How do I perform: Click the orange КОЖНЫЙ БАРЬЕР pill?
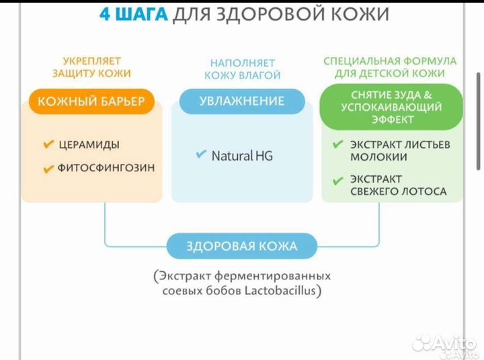(x=91, y=101)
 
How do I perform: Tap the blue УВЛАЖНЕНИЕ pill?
(x=242, y=101)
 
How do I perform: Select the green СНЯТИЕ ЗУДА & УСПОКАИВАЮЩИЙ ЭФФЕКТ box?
(x=391, y=107)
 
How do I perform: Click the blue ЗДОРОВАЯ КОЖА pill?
(x=241, y=246)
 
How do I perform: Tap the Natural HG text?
(x=242, y=155)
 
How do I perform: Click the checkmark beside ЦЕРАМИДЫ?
(x=48, y=144)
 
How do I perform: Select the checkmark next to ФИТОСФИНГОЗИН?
(x=48, y=169)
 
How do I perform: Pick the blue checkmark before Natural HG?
(x=201, y=154)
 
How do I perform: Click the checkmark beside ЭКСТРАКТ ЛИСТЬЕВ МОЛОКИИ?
(x=337, y=144)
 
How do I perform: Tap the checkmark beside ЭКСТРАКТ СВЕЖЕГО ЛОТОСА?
(x=337, y=179)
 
